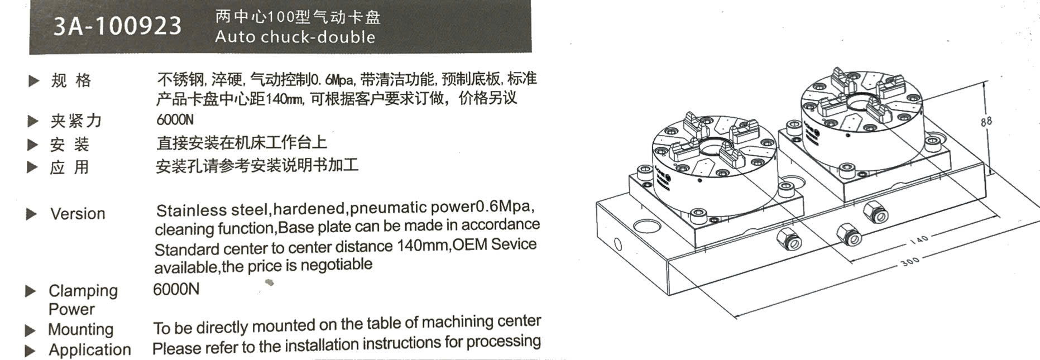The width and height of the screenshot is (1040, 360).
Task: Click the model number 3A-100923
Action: click(117, 26)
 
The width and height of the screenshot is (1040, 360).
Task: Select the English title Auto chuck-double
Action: click(295, 37)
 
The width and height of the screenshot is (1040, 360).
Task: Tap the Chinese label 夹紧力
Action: click(76, 121)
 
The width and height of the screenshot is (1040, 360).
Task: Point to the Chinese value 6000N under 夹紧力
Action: click(175, 119)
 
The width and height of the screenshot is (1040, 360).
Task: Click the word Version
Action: click(78, 214)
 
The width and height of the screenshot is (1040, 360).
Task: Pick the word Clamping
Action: click(83, 291)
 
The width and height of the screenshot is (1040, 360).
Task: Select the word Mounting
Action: click(80, 330)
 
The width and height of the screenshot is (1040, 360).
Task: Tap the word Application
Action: click(90, 350)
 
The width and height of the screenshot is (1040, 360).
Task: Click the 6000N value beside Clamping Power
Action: click(176, 289)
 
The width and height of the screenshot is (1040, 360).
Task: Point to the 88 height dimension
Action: click(986, 121)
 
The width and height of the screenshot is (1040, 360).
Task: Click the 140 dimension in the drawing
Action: click(918, 240)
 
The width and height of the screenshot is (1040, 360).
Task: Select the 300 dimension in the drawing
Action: click(910, 261)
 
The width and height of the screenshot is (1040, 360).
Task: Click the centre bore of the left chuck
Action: click(711, 148)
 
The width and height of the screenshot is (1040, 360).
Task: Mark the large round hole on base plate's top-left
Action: click(646, 225)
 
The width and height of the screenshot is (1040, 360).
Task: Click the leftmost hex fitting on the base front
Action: click(789, 239)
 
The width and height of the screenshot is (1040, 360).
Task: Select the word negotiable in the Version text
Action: click(336, 265)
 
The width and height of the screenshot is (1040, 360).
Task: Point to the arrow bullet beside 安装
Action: click(33, 145)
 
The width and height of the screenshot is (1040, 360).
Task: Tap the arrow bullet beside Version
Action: click(32, 214)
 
